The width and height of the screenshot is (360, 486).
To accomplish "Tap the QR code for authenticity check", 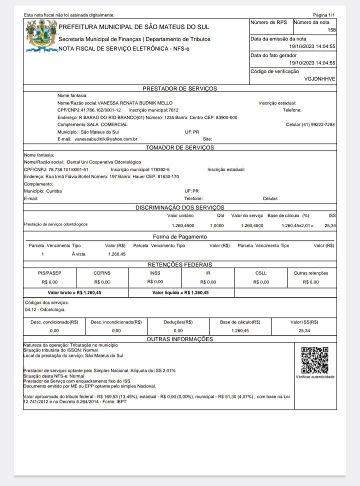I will (315, 360).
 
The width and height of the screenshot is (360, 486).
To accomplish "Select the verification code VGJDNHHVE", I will (319, 79).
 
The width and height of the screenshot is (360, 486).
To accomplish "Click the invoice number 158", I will (331, 30).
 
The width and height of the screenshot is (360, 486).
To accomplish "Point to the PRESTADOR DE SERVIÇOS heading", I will (180, 88).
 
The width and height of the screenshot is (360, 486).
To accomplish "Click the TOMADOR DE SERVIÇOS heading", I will (179, 147).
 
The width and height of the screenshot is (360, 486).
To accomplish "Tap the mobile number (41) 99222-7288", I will (317, 124).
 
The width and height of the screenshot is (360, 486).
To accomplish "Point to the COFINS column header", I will (102, 273).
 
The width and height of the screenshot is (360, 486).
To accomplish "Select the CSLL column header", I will (260, 273).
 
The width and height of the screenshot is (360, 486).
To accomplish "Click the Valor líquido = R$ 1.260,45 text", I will (180, 292).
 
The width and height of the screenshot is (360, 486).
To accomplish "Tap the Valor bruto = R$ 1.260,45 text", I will (74, 292).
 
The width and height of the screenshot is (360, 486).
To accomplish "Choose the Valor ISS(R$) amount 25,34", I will (304, 330).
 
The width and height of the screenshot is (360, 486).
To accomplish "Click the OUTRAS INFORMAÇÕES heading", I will (179, 339).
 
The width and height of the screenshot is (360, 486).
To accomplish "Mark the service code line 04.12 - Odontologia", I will (42, 309).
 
